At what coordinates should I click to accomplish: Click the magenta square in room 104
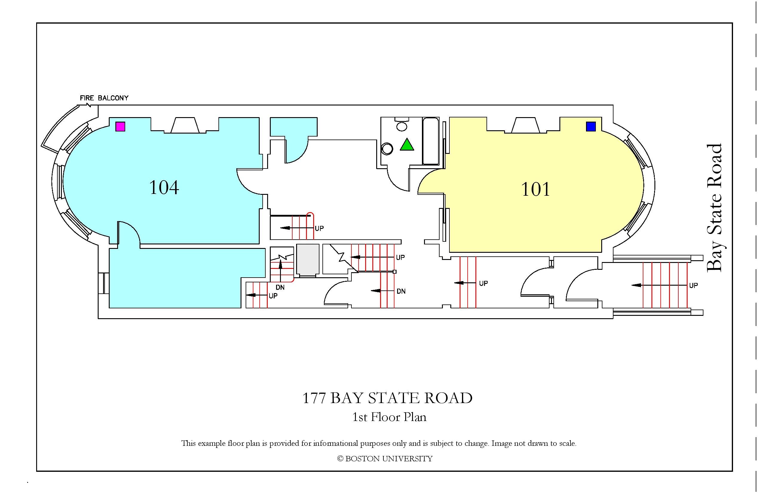point(120,126)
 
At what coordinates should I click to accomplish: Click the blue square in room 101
point(591,126)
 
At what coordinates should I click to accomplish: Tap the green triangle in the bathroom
point(407,144)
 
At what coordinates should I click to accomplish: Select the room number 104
point(164,188)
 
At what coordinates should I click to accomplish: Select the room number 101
point(535,189)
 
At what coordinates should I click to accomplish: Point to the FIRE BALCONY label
point(104,98)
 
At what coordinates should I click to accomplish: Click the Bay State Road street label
point(714,208)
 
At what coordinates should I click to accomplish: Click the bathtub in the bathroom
point(431,141)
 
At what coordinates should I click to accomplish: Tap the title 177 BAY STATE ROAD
point(387,398)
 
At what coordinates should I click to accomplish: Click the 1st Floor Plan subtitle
point(389,417)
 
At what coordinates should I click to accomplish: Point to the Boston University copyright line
point(385,459)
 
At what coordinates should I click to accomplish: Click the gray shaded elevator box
point(308,260)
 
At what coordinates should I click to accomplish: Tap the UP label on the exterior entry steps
point(694,285)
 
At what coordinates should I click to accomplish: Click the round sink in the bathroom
point(387,149)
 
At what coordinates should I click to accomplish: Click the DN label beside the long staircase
point(401,291)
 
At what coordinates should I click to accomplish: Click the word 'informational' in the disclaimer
point(336,443)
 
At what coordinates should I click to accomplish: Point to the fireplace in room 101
point(525,125)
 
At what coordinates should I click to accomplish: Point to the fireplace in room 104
point(185,125)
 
